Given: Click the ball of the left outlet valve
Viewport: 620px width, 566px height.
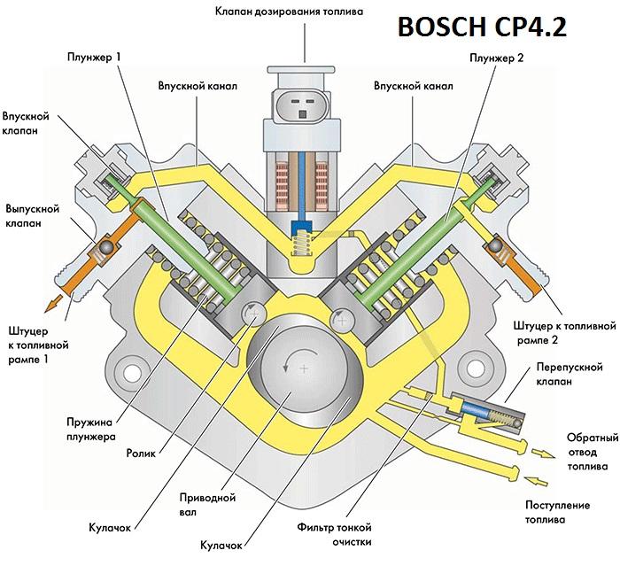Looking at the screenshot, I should coord(105,245).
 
